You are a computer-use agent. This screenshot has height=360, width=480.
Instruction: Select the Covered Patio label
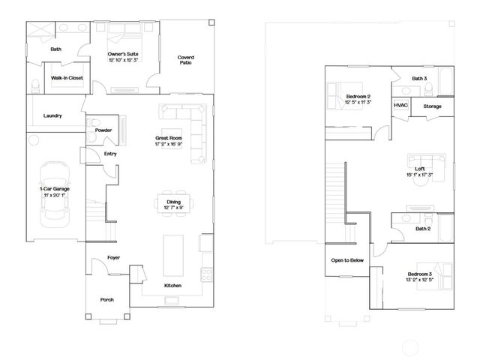coord(185,60)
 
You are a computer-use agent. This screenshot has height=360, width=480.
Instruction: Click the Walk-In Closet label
coord(67,78)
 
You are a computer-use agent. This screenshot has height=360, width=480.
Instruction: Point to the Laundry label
coord(52,115)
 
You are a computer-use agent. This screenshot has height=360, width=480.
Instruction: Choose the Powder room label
coord(103,130)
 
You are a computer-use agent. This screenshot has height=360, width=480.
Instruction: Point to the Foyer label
coord(113,257)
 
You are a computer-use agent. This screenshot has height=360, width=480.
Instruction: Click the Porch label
coord(107,299)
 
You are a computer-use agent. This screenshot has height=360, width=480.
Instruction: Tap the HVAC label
coord(400,106)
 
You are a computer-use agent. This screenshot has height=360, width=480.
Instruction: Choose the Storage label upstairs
coord(432,106)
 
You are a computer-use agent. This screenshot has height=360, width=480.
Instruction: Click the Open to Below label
coord(348,261)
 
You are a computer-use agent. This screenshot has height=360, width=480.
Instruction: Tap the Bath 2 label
coord(423,229)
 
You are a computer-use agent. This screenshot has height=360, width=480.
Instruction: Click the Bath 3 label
coord(419,78)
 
